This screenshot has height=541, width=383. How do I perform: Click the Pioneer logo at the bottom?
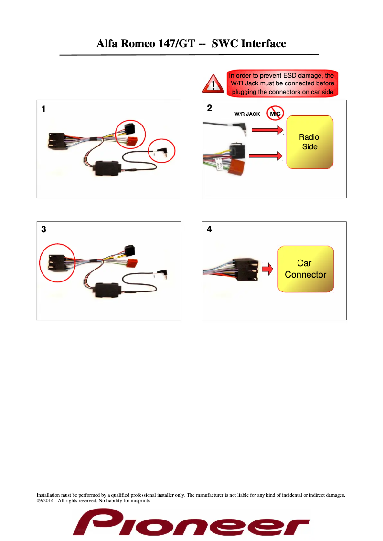coord(191,522)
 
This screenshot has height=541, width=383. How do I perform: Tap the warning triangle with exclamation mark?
coord(213,84)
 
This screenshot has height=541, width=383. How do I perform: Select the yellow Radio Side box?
coord(310,142)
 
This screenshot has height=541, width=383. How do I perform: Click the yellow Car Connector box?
coord(306,269)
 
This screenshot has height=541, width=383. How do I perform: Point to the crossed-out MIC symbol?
coord(275,113)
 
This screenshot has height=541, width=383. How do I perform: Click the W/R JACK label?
coord(247,114)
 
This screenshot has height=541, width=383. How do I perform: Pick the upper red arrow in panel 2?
coord(267,130)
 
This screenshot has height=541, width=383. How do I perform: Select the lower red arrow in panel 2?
coord(266,156)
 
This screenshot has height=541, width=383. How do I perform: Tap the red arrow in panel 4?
coord(267,269)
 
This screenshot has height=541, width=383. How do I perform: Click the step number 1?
coord(43,109)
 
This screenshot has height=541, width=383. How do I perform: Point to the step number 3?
coord(43,229)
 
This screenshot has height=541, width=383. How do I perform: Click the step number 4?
coord(209,229)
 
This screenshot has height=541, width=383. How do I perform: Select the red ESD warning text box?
coord(283,83)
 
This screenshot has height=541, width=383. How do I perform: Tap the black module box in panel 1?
coord(107,168)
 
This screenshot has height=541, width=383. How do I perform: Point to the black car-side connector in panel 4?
coord(245,270)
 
